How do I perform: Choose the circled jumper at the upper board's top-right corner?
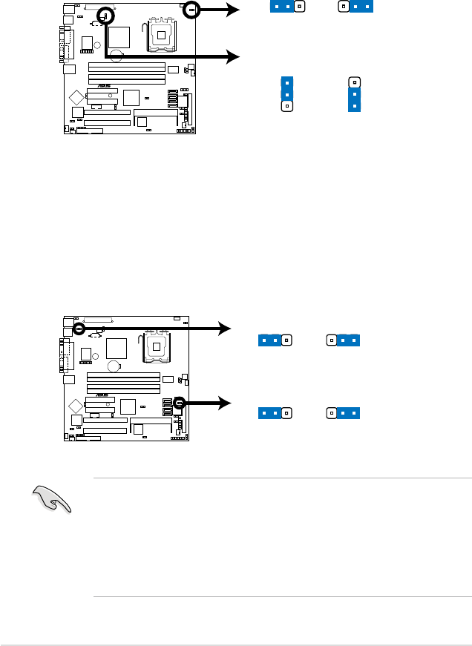click(191, 10)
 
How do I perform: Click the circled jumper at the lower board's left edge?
click(79, 327)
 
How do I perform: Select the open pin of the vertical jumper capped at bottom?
click(355, 82)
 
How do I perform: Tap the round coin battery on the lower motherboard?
click(114, 366)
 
